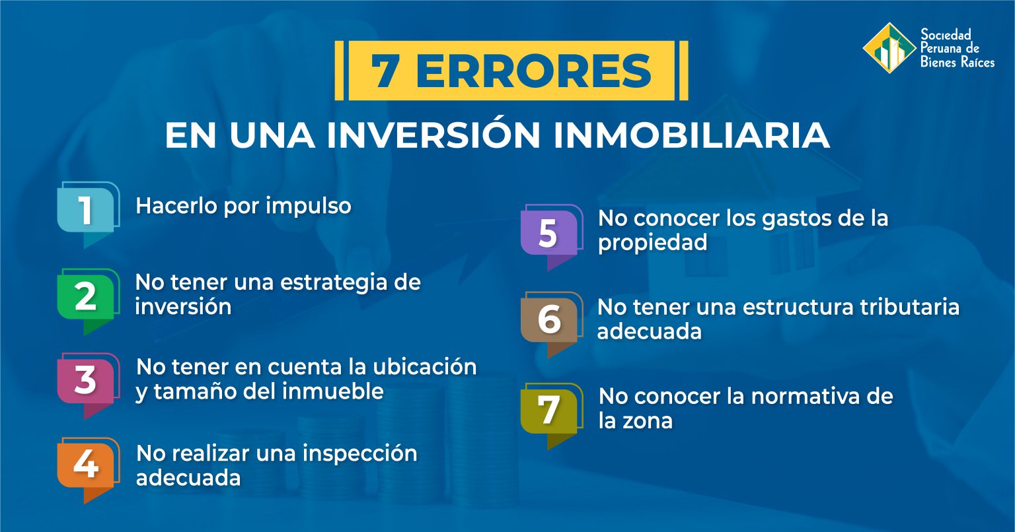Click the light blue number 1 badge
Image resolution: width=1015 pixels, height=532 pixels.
[86, 211]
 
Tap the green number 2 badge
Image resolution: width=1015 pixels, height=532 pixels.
[86, 297]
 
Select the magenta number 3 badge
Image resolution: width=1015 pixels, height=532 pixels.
[86, 381]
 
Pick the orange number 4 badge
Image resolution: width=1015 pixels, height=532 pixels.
[86, 465]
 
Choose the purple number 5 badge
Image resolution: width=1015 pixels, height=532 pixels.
[548, 234]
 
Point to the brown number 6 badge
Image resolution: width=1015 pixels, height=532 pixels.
[548, 320]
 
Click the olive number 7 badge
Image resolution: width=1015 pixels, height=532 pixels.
[548, 410]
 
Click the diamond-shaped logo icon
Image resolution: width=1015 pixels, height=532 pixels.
[889, 48]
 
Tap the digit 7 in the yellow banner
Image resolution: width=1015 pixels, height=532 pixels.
[384, 71]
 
